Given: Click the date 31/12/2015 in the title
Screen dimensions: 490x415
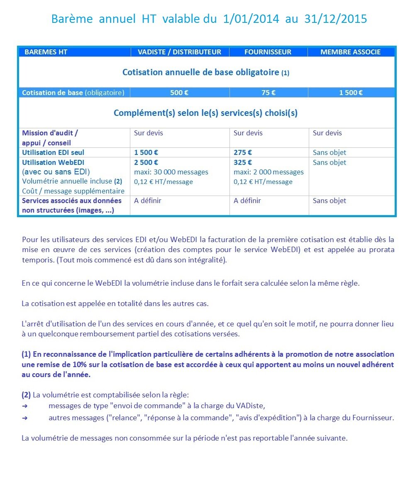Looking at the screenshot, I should click(x=335, y=19).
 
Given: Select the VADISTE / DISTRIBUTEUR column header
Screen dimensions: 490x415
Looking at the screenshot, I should click(x=180, y=52).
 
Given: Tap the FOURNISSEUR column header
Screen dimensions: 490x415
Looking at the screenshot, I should click(x=268, y=52).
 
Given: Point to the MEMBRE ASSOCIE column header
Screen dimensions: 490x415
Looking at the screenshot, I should click(x=351, y=52).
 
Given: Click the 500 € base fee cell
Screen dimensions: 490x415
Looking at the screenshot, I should click(x=179, y=93).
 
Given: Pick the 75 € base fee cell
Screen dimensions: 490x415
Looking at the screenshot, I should click(x=269, y=93).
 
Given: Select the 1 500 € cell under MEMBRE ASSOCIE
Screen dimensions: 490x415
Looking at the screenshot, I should click(x=351, y=93).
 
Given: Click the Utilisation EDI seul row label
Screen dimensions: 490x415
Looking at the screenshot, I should click(x=53, y=152).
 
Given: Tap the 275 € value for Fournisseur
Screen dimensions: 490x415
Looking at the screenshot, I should click(x=243, y=152).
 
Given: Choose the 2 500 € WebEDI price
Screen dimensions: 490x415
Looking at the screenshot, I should click(x=146, y=162).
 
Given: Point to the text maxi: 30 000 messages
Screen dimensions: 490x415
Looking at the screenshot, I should click(x=171, y=172).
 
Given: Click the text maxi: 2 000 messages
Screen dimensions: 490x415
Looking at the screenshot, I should click(x=269, y=172).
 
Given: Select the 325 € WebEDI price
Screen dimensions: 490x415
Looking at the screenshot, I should click(x=243, y=162).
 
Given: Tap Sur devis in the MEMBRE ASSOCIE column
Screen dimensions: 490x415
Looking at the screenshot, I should click(x=327, y=133).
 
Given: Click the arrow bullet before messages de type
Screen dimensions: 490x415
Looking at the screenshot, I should click(x=24, y=406).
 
